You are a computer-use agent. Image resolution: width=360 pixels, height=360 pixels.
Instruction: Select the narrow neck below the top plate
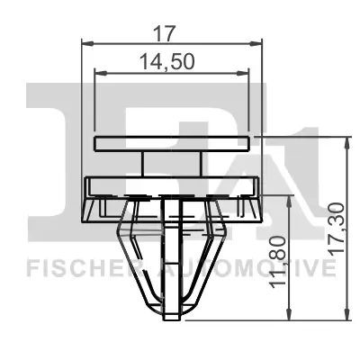point(172,165)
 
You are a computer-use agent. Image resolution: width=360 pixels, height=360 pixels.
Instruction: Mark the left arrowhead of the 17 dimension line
point(85,41)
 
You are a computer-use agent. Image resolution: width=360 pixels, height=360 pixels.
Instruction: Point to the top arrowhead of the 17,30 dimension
point(347,141)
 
